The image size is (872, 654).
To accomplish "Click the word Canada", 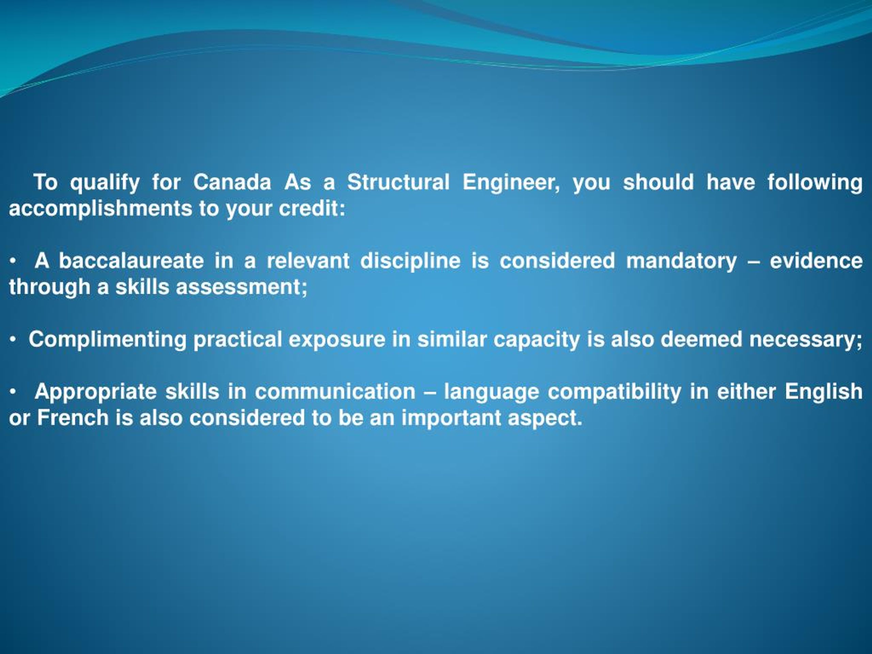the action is [232, 182].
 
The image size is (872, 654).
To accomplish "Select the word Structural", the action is [398, 182].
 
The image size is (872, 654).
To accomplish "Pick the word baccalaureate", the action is [131, 261].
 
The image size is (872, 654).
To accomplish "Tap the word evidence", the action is [816, 261].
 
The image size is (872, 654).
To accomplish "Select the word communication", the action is [336, 392].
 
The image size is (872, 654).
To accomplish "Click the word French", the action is [73, 418].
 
